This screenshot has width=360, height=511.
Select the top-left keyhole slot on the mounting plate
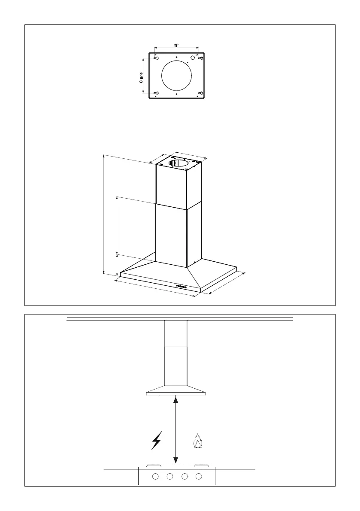pyautogui.click(x=157, y=58)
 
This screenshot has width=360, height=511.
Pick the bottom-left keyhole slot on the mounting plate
pyautogui.click(x=157, y=93)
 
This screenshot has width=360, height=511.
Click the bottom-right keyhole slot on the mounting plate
pyautogui.click(x=200, y=93)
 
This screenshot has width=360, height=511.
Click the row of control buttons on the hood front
pyautogui.click(x=182, y=286)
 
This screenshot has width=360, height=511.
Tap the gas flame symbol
pyautogui.click(x=197, y=441)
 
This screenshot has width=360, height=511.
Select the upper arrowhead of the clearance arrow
pyautogui.click(x=175, y=400)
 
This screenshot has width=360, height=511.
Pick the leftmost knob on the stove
pyautogui.click(x=156, y=476)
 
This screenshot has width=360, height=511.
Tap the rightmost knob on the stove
pyautogui.click(x=199, y=476)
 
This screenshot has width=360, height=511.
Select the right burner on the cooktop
pyautogui.click(x=201, y=465)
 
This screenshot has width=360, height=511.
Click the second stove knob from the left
pyautogui.click(x=170, y=476)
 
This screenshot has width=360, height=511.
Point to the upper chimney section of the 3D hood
pyautogui.click(x=172, y=187)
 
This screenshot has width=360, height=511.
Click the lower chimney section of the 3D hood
pyautogui.click(x=172, y=236)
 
